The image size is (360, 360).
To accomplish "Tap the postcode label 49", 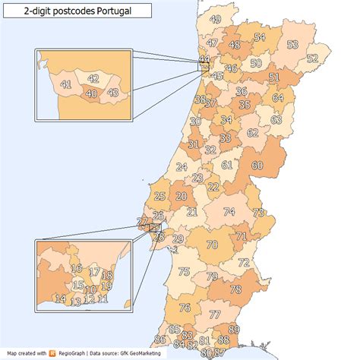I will [x=216, y=20].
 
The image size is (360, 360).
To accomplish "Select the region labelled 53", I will [x=293, y=45].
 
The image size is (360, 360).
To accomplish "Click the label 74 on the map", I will [x=229, y=212].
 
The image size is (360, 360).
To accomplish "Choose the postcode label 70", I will [x=212, y=245].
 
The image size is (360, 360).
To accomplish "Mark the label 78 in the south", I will [x=235, y=289].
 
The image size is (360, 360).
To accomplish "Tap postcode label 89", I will [x=234, y=329].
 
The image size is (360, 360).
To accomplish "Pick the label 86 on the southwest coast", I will [x=159, y=339].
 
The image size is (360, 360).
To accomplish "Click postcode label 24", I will [x=182, y=167].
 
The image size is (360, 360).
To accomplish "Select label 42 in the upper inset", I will [x=93, y=78].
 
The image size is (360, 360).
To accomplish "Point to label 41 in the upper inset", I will [x=66, y=84].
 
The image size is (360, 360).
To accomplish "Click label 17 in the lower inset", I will [x=95, y=271].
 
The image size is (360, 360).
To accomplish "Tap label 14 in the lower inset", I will [x=61, y=298].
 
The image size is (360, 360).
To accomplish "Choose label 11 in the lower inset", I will [x=103, y=299].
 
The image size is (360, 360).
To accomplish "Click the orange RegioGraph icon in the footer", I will [x=52, y=353].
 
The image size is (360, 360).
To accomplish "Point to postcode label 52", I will [x=312, y=58].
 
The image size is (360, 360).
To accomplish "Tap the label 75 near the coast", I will [x=184, y=272].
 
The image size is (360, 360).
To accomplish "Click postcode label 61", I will [x=227, y=165].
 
